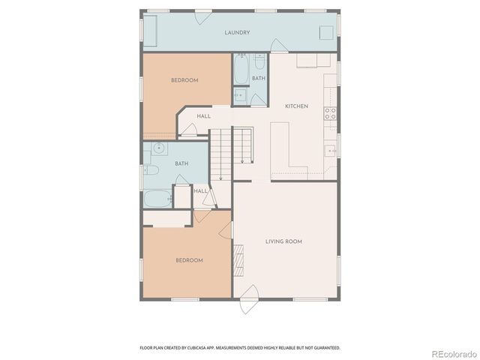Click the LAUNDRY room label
(x=237, y=33)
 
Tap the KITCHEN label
(x=296, y=106)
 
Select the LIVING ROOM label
(x=283, y=241)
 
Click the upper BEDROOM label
(x=184, y=80)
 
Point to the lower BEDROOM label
(x=189, y=260)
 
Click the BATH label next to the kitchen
(x=258, y=78)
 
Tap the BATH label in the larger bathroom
(x=181, y=163)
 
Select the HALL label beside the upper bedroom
(x=203, y=116)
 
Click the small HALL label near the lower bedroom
(x=200, y=190)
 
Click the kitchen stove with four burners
(x=329, y=113)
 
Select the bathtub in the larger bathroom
(x=157, y=199)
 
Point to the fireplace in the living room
(x=239, y=259)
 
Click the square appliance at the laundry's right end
(x=326, y=33)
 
